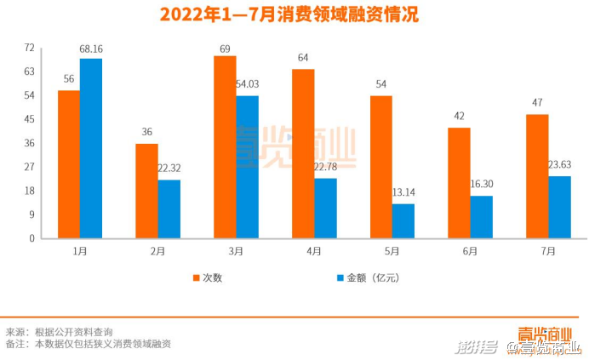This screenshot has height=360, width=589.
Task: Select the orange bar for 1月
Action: pos(69,164)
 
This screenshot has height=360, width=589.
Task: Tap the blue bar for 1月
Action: pos(91,148)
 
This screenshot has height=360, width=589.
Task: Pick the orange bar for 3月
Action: pos(225,147)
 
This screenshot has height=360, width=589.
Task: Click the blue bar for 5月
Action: pos(403,220)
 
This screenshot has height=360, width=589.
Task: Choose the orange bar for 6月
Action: pos(460,182)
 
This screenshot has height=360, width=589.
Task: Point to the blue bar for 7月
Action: pos(559,207)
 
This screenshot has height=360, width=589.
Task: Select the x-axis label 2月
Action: pos(158,251)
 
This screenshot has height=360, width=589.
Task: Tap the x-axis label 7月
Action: pos(548,251)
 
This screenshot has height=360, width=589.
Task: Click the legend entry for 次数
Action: pos(205,278)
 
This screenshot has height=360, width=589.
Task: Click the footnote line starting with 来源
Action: pos(60,331)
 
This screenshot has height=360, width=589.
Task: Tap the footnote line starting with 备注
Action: pos(89,344)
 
